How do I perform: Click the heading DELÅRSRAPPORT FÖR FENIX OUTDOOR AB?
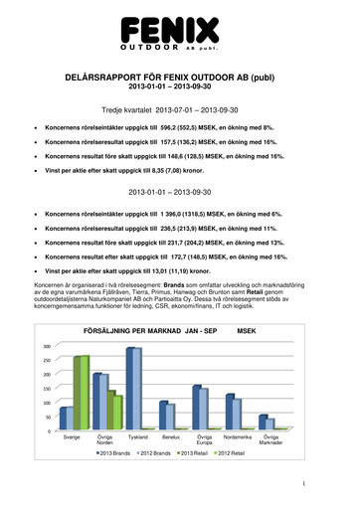179,77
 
